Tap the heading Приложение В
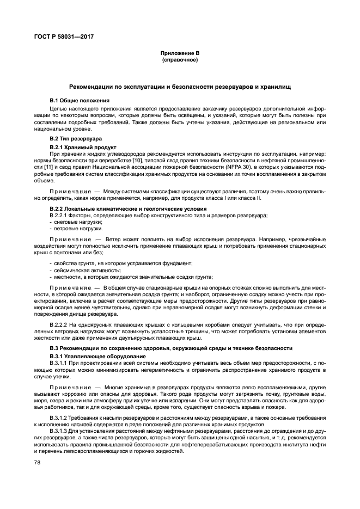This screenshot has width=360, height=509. click(x=180, y=53)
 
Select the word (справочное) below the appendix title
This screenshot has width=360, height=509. click(x=180, y=60)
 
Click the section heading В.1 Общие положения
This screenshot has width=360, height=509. click(x=80, y=101)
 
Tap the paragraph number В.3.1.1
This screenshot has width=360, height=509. click(x=58, y=363)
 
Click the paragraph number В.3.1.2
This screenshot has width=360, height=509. click(x=58, y=417)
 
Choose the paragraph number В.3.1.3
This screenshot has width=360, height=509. click(x=58, y=431)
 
